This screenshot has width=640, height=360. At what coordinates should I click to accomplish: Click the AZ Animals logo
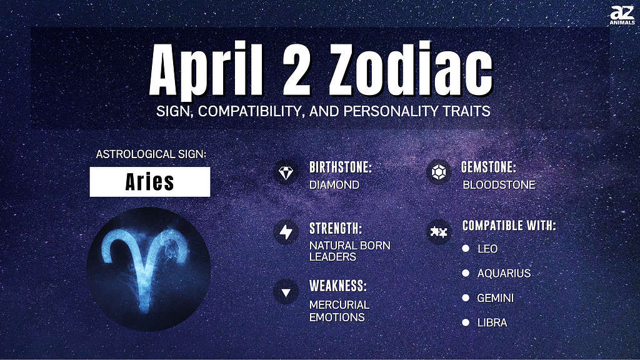pyautogui.click(x=622, y=15)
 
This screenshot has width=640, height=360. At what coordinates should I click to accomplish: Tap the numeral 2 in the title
pyautogui.click(x=296, y=69)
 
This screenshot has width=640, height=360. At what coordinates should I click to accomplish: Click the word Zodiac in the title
pyautogui.click(x=410, y=69)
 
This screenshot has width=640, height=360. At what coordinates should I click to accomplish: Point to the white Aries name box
pyautogui.click(x=150, y=182)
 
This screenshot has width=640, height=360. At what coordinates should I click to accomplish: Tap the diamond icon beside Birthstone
pyautogui.click(x=286, y=172)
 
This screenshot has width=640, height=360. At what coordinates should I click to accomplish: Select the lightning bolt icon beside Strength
pyautogui.click(x=286, y=232)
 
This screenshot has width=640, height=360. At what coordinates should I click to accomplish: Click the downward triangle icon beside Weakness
pyautogui.click(x=286, y=292)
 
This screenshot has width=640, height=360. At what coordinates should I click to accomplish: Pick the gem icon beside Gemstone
pyautogui.click(x=439, y=172)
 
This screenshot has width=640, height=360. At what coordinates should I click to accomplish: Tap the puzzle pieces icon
pyautogui.click(x=439, y=232)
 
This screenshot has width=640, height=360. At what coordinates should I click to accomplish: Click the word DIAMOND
pyautogui.click(x=334, y=185)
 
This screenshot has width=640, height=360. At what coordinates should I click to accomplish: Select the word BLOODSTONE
pyautogui.click(x=499, y=185)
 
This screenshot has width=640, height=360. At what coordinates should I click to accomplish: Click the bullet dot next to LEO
pyautogui.click(x=466, y=248)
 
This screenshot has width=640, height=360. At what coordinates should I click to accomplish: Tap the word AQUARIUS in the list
pyautogui.click(x=504, y=274)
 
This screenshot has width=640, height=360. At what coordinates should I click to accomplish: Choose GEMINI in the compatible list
pyautogui.click(x=496, y=298)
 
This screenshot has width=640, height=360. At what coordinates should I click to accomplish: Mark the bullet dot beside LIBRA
pyautogui.click(x=466, y=322)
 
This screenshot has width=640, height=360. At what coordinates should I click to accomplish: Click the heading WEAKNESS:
pyautogui.click(x=338, y=286)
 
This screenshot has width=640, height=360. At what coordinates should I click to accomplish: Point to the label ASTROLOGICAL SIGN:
pyautogui.click(x=151, y=154)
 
